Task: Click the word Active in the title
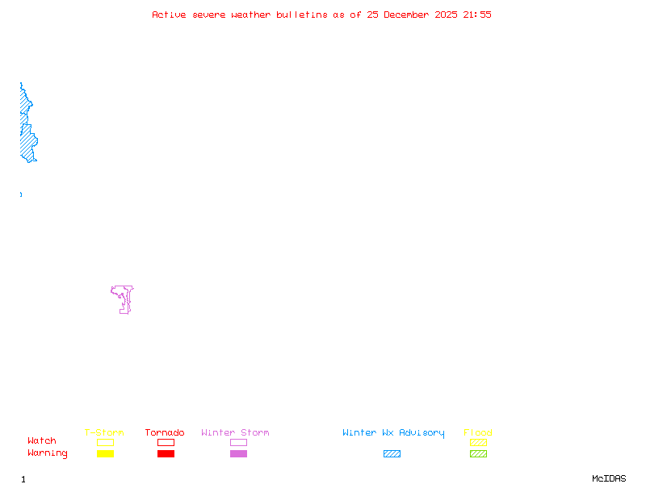tap(170, 15)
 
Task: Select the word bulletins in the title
tap(302, 15)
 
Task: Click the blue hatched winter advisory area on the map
tap(27, 141)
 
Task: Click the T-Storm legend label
tap(104, 433)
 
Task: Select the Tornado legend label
tap(165, 433)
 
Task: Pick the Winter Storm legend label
tap(235, 433)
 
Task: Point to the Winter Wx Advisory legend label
tap(393, 433)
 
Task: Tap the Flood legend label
tap(478, 433)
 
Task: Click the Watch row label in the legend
tap(42, 441)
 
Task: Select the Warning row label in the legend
tap(48, 453)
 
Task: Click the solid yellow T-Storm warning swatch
tap(105, 453)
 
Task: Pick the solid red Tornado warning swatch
tap(166, 453)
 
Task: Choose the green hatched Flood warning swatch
tap(478, 453)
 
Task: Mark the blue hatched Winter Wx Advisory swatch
tap(392, 453)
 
